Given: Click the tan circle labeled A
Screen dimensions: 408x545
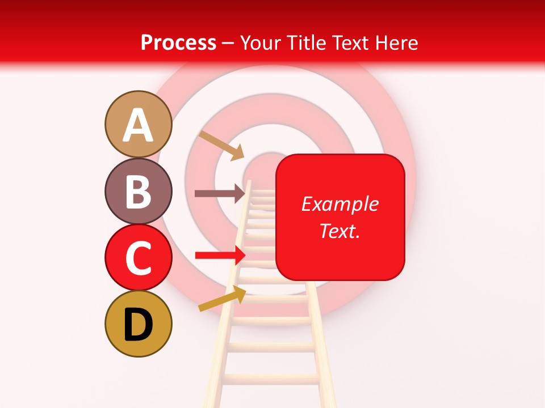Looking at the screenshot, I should point(139,124).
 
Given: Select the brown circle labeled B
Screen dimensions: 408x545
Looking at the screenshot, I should point(139,191).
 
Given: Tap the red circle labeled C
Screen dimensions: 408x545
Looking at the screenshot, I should point(139,257).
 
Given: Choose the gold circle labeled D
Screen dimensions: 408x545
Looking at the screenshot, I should point(139,324).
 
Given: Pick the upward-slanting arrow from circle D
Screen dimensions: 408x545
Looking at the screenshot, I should point(222,298).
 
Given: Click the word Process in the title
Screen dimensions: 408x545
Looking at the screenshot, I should point(178,42).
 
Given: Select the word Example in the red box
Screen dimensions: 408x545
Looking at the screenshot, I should point(339,204).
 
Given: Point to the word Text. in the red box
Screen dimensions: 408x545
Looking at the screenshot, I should point(339,231).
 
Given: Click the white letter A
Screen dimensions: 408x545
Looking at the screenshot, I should point(139,125).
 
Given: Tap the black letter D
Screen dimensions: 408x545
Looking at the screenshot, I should point(139,325).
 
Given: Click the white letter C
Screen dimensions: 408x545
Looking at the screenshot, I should point(139,258).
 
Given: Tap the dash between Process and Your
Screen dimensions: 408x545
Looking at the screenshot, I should point(228,44).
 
